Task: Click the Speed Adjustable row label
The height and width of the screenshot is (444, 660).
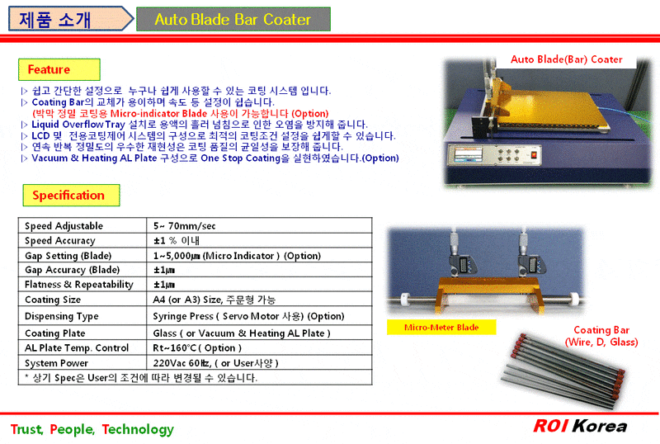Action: click(64, 226)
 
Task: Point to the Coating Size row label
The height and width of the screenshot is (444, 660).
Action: click(53, 300)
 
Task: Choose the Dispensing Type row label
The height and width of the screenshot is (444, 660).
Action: click(62, 316)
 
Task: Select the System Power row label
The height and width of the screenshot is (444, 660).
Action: click(57, 363)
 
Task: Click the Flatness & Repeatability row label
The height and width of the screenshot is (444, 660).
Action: click(79, 285)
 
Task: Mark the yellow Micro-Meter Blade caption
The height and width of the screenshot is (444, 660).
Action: click(441, 328)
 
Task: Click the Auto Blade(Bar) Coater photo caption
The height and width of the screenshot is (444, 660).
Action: click(566, 59)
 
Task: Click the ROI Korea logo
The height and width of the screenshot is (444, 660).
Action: click(579, 427)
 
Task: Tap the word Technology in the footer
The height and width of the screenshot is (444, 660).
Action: click(139, 429)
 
